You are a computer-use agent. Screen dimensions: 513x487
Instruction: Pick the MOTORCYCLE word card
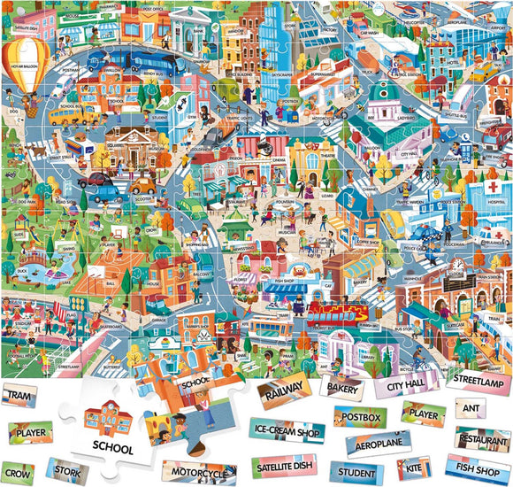tap(203, 473)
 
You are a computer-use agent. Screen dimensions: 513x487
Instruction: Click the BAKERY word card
tap(342, 386)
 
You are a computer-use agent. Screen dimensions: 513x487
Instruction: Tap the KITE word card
tap(412, 467)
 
